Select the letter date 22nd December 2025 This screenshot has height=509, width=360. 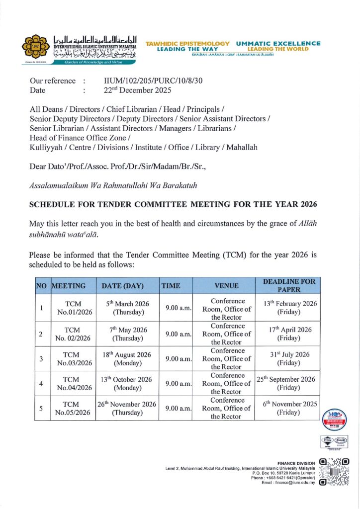pyautogui.click(x=137, y=90)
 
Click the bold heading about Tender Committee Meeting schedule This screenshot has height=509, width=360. pyautogui.click(x=173, y=204)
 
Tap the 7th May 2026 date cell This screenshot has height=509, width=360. pyautogui.click(x=127, y=334)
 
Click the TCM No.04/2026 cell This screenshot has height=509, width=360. pyautogui.click(x=74, y=383)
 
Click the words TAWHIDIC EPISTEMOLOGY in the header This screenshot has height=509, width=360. pyautogui.click(x=187, y=44)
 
